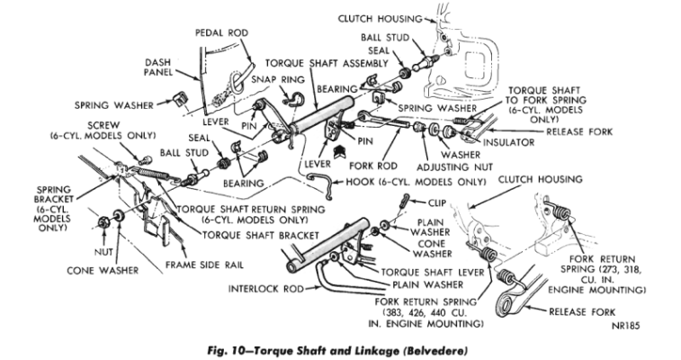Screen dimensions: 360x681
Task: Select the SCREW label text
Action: click(71, 126)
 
